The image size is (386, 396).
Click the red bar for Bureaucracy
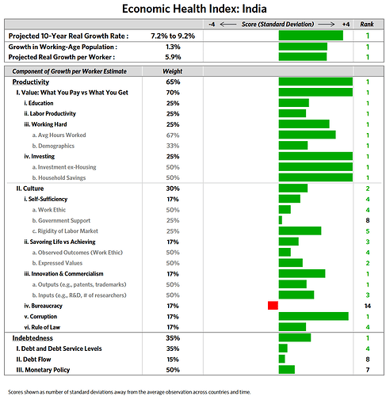point(273,306)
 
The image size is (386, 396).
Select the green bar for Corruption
point(314,316)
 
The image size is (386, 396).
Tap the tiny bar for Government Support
point(281,220)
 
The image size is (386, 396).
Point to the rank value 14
point(368,306)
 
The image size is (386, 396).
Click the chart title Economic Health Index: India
point(194,9)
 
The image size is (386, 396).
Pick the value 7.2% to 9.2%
point(173,36)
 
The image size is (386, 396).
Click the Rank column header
point(367,25)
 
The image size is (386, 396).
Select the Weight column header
point(173,71)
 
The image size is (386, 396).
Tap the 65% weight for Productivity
point(173,82)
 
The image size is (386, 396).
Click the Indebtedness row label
point(32,338)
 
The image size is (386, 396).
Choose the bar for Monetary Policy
point(287,370)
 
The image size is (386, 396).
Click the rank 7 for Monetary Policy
point(368,370)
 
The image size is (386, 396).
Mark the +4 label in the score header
point(346,25)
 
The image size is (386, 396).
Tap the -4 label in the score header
point(212,25)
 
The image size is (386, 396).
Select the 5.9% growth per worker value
point(173,57)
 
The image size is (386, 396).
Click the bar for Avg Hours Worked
point(307,135)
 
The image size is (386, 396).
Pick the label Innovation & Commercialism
point(63,274)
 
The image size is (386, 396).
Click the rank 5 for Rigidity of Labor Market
point(368,231)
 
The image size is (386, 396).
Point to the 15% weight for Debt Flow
point(173,360)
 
